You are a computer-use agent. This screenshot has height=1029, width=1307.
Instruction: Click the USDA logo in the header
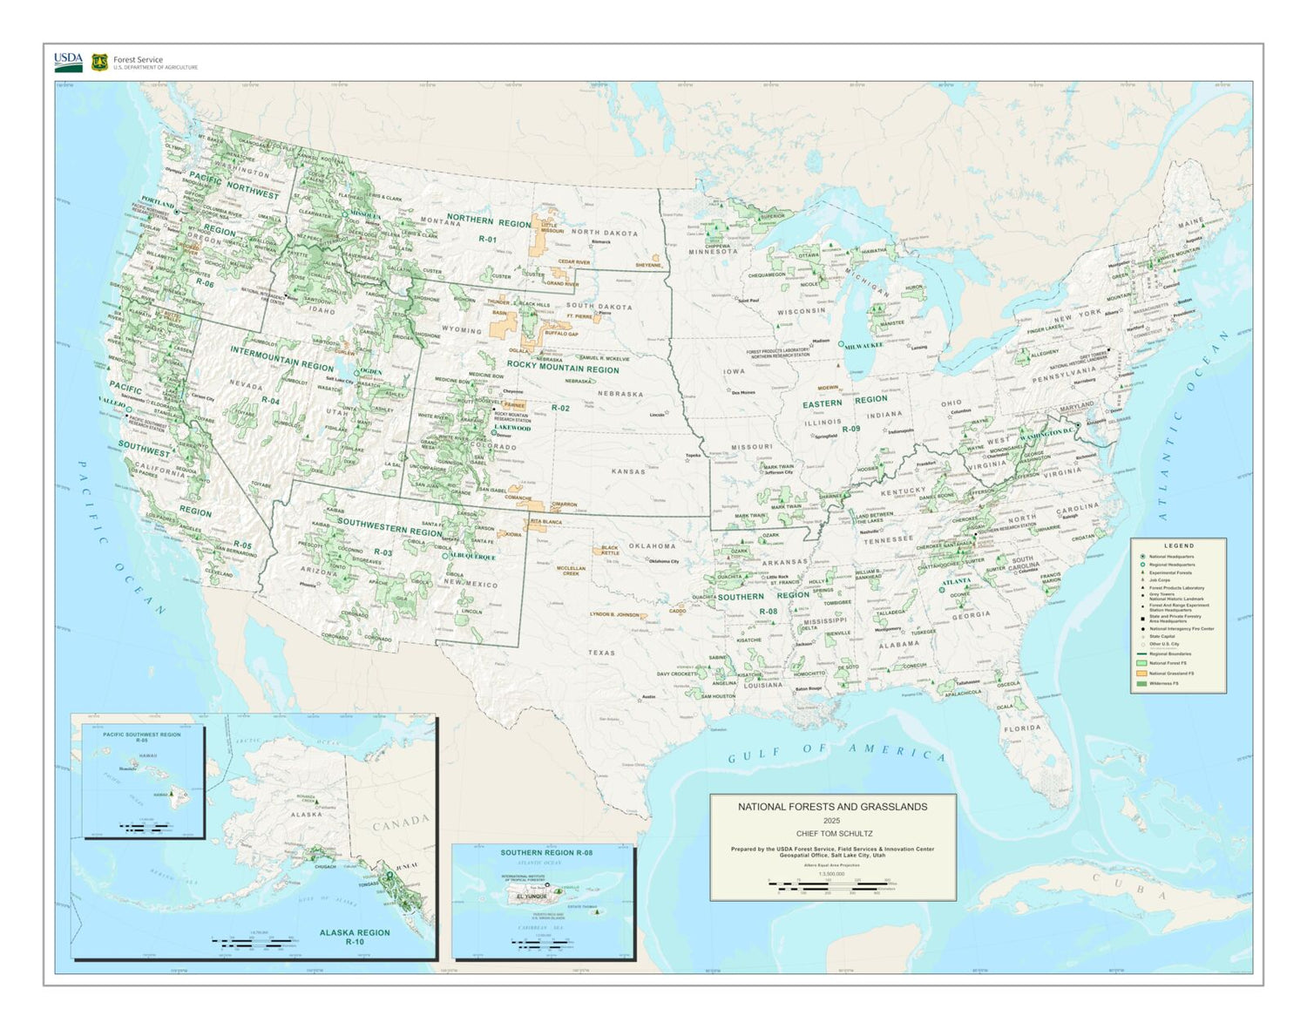(x=68, y=62)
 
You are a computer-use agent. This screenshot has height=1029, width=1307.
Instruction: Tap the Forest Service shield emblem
(x=99, y=63)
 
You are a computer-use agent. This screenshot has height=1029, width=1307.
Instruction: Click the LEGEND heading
(x=1179, y=545)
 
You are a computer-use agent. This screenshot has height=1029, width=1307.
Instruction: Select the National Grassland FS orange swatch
(x=1141, y=674)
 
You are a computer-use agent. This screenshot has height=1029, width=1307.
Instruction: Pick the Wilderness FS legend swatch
(x=1141, y=684)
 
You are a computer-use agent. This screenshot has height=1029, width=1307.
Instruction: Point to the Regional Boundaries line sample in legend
(x=1141, y=653)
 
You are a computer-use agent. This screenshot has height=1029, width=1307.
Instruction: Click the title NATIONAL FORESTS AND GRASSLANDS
(x=832, y=807)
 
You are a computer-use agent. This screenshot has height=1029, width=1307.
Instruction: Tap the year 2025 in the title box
(x=832, y=821)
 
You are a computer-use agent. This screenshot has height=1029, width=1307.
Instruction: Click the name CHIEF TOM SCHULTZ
(x=832, y=834)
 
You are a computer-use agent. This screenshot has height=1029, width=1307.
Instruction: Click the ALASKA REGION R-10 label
(x=355, y=937)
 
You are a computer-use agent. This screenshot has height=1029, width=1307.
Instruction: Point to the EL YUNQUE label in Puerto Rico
(x=531, y=896)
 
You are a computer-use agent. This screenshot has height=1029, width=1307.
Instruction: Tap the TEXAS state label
(x=601, y=653)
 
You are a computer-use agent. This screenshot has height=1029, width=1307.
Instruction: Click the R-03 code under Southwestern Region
(x=383, y=552)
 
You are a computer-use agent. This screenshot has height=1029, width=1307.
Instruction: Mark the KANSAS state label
(x=628, y=471)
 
